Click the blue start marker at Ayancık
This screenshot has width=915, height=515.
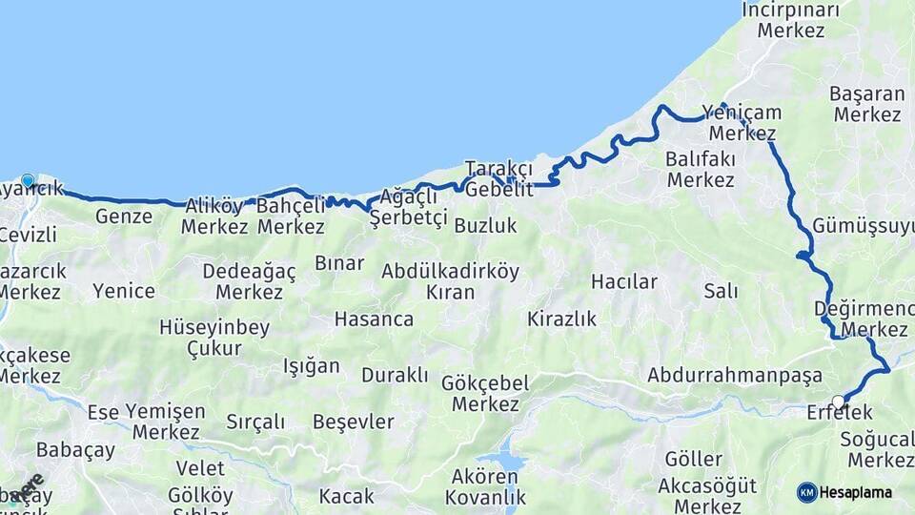[28, 180]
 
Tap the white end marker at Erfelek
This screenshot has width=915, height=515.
[838, 402]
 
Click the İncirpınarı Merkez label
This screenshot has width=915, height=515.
[791, 20]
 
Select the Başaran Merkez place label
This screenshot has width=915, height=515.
[865, 104]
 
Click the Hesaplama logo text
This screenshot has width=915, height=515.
[857, 492]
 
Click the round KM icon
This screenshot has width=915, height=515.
[807, 492]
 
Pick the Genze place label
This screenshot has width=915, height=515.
[124, 216]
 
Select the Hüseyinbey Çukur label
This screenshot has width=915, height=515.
[214, 338]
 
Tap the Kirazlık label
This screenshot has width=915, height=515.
[561, 319]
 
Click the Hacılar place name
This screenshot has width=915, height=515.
[624, 281]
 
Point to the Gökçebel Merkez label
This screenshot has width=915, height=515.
[486, 393]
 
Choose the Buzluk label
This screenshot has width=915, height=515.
[485, 226]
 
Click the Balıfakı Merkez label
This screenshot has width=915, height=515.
[701, 168]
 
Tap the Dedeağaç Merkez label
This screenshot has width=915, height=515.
[250, 281]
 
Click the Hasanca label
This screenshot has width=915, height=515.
[374, 319]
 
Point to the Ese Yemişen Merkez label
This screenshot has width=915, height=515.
[146, 422]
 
